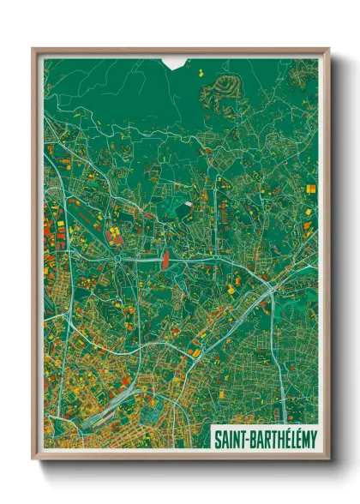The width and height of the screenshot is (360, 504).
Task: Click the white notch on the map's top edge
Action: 175,63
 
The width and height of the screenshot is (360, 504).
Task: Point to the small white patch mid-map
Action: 187,206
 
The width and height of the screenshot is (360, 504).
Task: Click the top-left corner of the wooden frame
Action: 33,50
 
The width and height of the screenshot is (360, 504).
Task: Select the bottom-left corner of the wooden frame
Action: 33,459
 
